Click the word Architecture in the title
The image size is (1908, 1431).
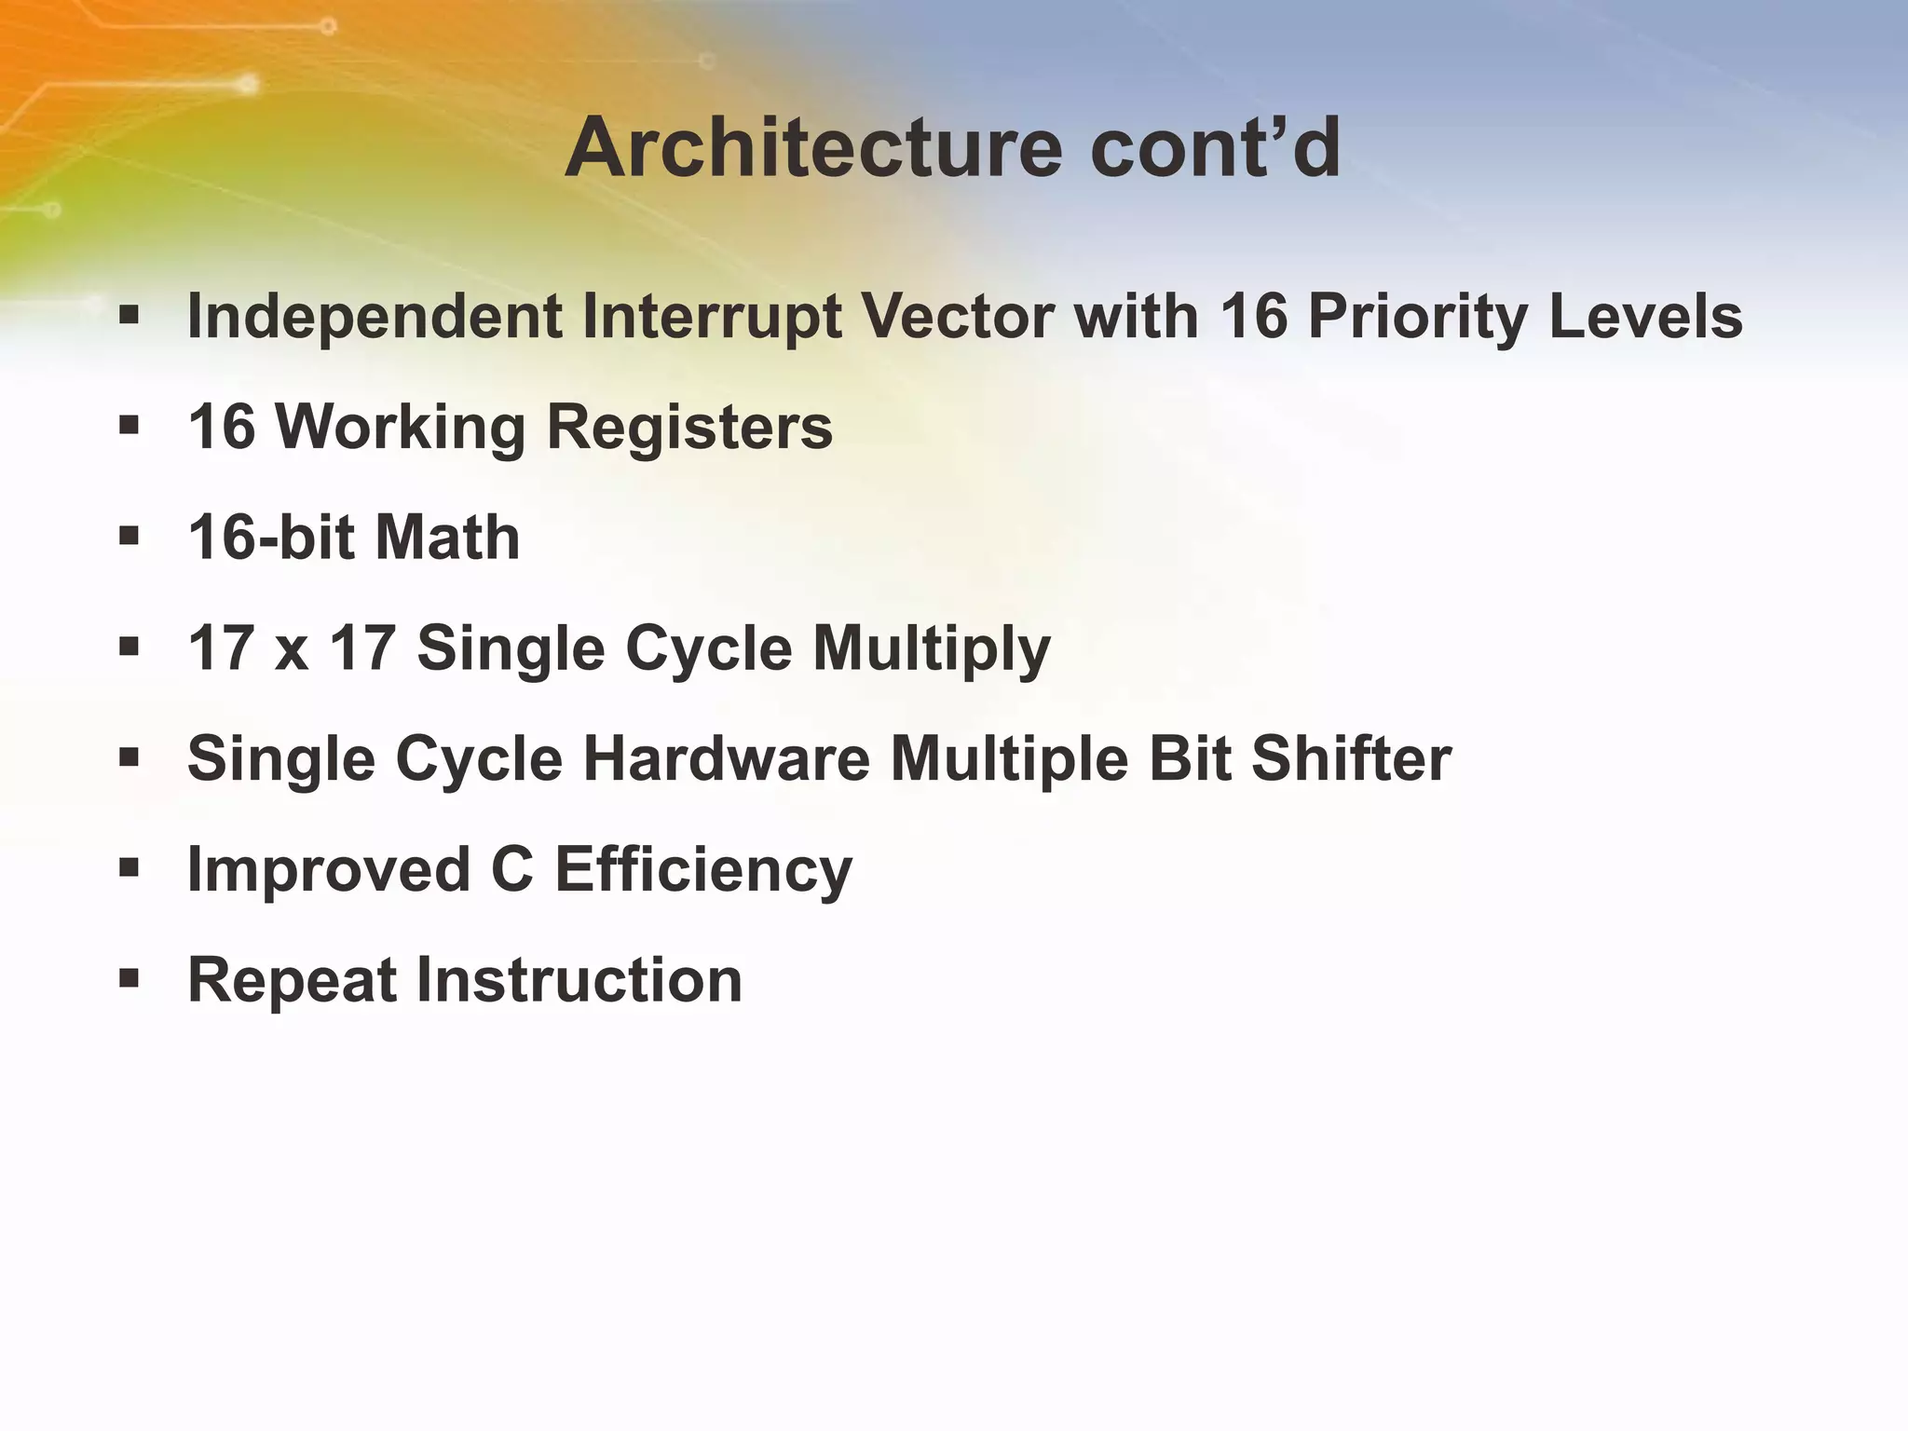813,149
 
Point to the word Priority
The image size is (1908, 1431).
1417,318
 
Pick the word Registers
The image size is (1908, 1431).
688,428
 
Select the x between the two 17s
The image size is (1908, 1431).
292,649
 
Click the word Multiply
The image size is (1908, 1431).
931,649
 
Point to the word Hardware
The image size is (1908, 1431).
726,759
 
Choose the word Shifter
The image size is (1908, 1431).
1351,759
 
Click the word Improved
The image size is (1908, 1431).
329,870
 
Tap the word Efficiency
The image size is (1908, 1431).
703,870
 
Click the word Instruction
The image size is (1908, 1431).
578,981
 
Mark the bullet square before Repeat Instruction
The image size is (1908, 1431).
129,979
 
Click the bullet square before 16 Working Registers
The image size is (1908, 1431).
129,427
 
